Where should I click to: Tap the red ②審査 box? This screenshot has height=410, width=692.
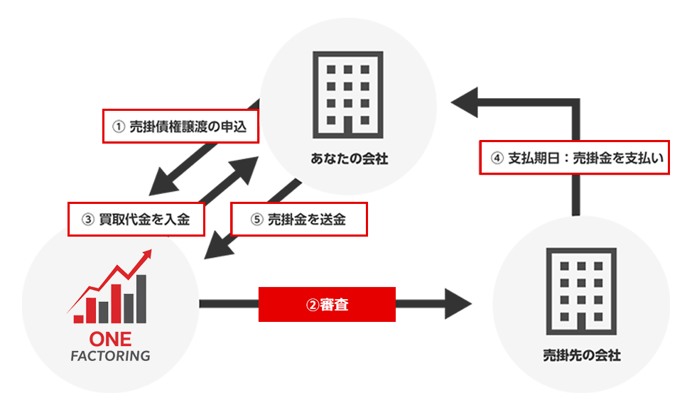(x=326, y=305)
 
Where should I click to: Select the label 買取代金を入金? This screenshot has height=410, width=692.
(x=136, y=219)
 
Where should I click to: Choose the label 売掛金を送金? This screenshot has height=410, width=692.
(x=298, y=220)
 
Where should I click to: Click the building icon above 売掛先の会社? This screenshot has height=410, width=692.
(x=580, y=291)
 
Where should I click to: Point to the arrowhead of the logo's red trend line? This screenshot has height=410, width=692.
(x=147, y=254)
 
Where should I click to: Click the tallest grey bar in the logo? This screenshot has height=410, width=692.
(x=141, y=297)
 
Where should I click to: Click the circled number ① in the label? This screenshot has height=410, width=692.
(x=119, y=127)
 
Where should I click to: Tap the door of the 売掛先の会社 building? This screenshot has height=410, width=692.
(x=580, y=324)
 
